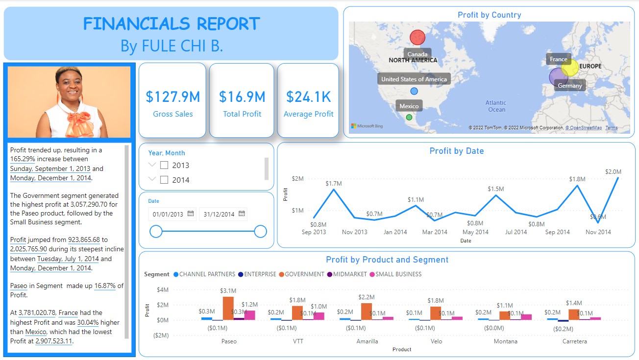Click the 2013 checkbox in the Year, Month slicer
164,165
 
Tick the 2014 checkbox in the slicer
164,180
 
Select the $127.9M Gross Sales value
173,97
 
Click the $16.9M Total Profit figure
242,97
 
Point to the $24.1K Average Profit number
308,97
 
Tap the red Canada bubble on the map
418,37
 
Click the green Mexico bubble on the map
409,117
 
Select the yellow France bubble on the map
570,68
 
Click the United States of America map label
414,79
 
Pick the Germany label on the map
570,86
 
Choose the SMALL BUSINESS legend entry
395,274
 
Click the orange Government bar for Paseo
228,308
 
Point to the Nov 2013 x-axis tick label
354,232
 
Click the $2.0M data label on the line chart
613,172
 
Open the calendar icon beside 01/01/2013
191,214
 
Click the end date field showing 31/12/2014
220,214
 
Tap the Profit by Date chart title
456,151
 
